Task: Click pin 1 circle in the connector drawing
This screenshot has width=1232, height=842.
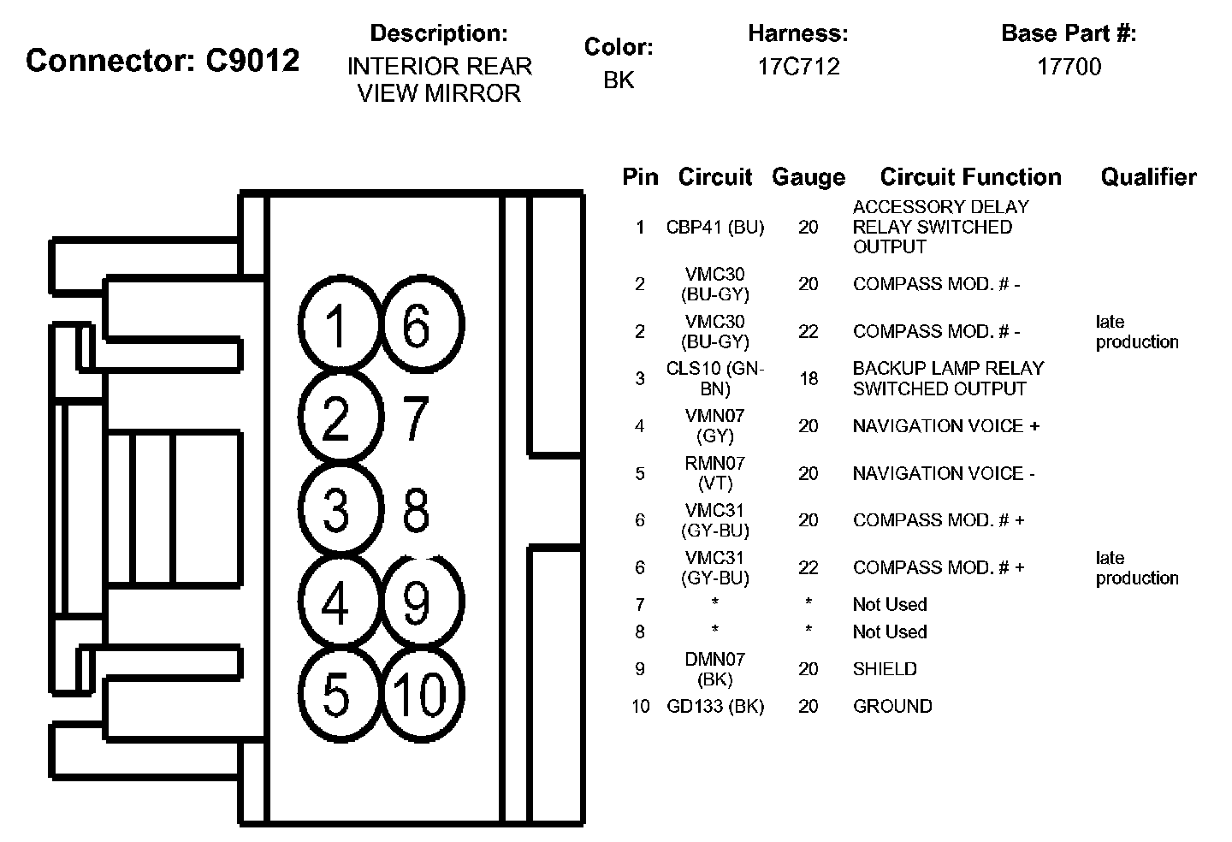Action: click(x=336, y=326)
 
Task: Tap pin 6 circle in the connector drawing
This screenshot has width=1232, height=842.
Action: click(x=418, y=326)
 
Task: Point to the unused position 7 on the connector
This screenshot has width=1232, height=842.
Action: click(x=415, y=419)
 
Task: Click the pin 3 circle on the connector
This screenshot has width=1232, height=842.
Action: click(x=336, y=510)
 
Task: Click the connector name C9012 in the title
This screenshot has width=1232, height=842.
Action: click(x=253, y=61)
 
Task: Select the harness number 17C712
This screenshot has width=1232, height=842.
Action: click(x=798, y=67)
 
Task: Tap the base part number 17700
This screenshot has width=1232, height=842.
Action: click(x=1069, y=67)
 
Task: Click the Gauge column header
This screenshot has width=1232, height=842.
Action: click(x=808, y=177)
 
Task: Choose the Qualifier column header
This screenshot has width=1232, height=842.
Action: click(x=1148, y=177)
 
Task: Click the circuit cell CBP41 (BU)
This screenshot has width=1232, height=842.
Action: click(x=715, y=227)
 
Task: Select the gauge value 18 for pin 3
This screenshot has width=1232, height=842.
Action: click(x=808, y=378)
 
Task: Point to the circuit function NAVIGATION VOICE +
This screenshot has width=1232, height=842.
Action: click(x=945, y=426)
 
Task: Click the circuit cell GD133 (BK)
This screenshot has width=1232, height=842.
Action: click(x=715, y=707)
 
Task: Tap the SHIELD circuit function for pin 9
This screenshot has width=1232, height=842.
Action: click(x=885, y=669)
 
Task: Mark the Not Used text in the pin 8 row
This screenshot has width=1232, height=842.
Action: click(x=890, y=632)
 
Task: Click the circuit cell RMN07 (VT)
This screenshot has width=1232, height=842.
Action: click(x=715, y=473)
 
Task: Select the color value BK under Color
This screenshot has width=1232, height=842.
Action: click(x=619, y=80)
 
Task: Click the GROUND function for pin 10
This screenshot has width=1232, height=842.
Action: click(x=892, y=707)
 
